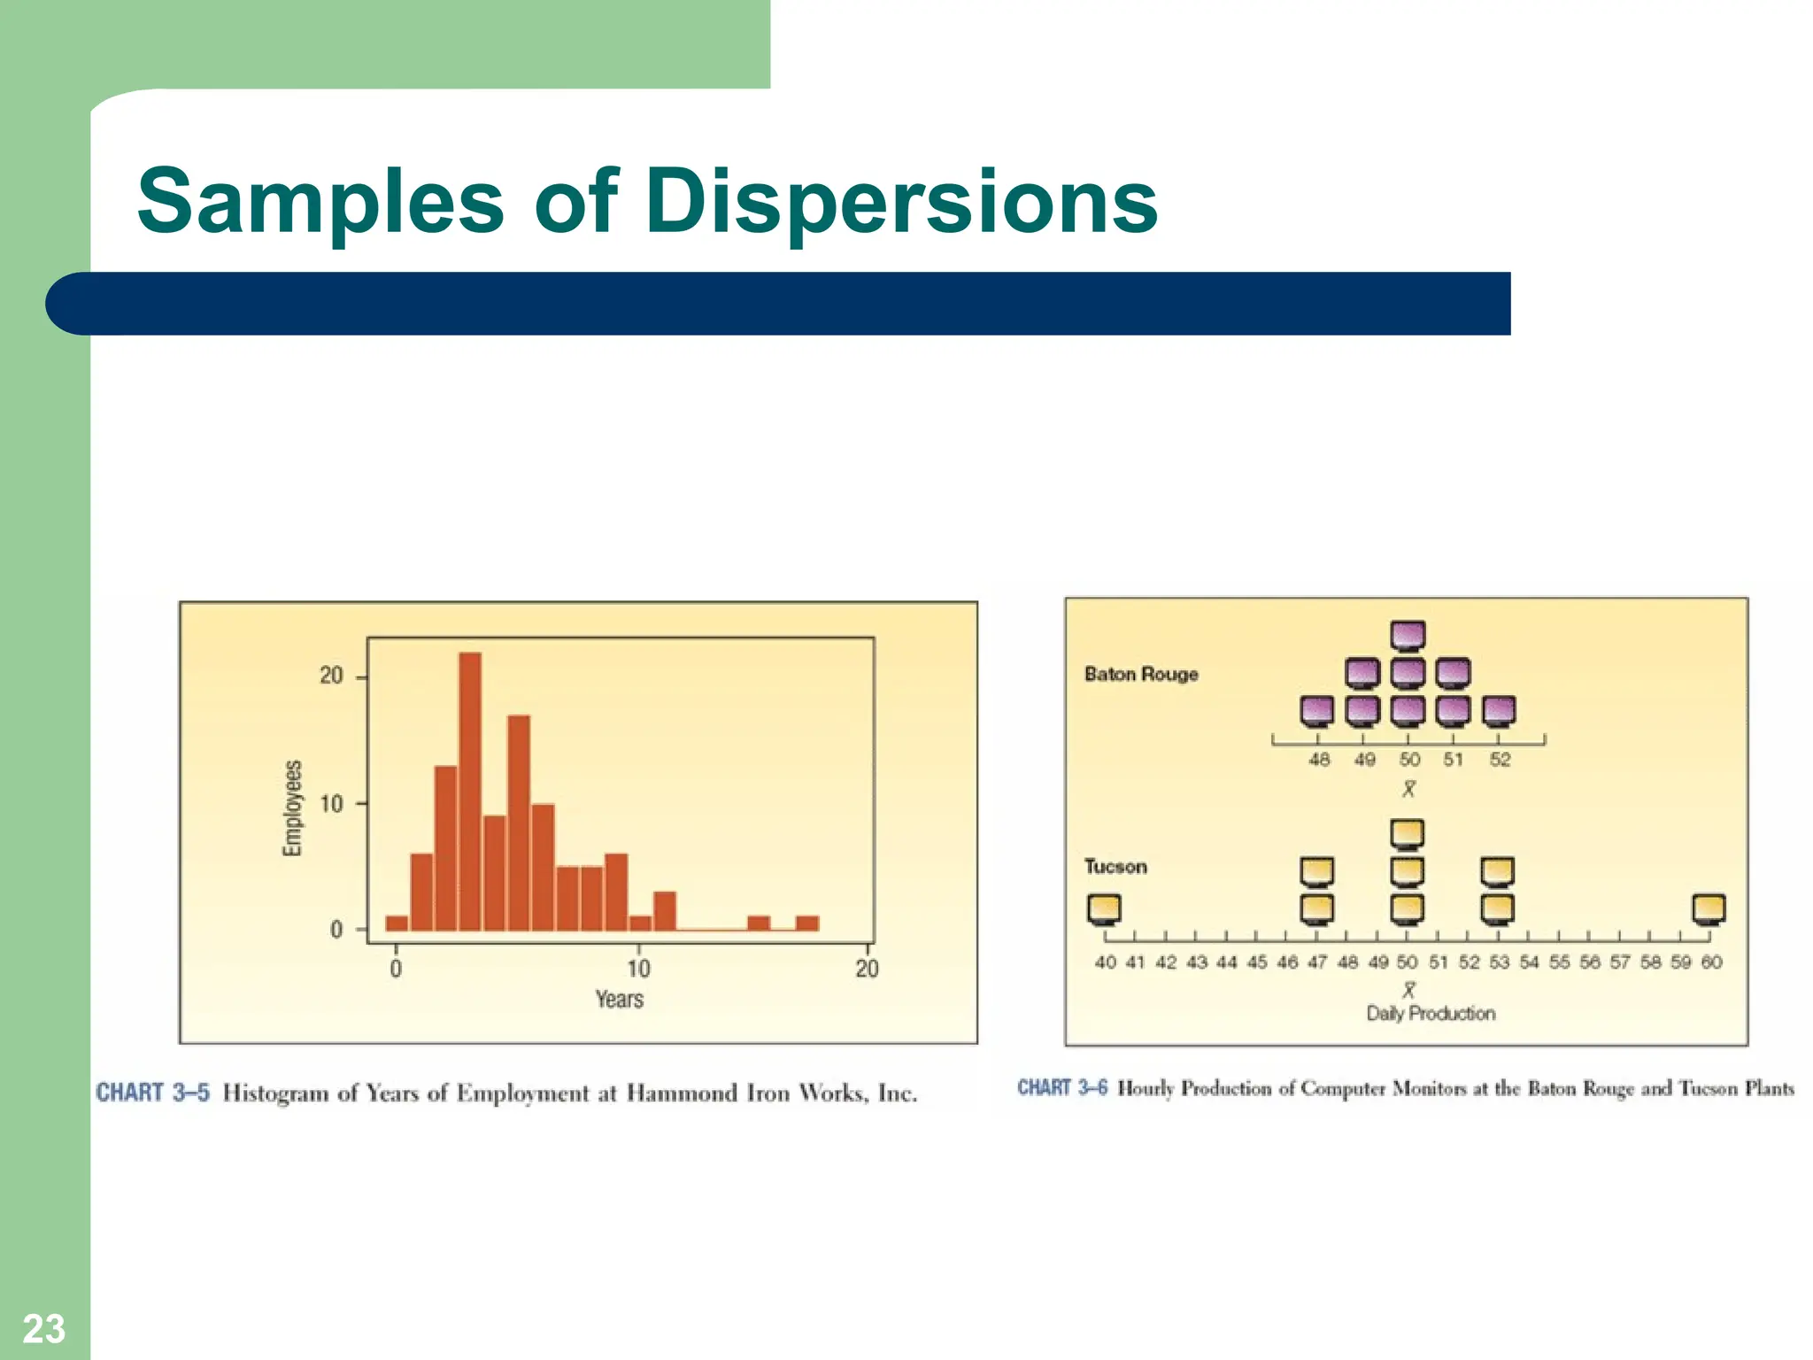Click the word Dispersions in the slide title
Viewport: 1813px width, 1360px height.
pyautogui.click(x=901, y=202)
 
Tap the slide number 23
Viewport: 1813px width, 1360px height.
pyautogui.click(x=43, y=1329)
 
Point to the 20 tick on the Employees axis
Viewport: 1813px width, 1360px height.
pyautogui.click(x=331, y=676)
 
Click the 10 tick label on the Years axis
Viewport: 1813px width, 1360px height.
pyautogui.click(x=638, y=969)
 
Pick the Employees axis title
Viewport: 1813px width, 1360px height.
pyautogui.click(x=292, y=807)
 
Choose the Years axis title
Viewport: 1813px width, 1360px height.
pyautogui.click(x=619, y=1000)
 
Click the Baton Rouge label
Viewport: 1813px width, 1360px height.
pyautogui.click(x=1141, y=674)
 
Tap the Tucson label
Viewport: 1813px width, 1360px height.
pyautogui.click(x=1115, y=866)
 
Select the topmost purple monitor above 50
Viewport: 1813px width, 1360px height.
pyautogui.click(x=1408, y=636)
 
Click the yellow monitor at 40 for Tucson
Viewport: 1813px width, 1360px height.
pyautogui.click(x=1104, y=909)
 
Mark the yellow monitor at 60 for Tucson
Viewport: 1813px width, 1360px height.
pyautogui.click(x=1709, y=909)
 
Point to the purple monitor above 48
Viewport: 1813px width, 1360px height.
pyautogui.click(x=1317, y=710)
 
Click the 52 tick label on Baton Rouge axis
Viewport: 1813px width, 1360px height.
pyautogui.click(x=1500, y=760)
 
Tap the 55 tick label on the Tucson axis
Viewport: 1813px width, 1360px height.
pyautogui.click(x=1560, y=962)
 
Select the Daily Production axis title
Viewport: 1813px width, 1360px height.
pyautogui.click(x=1431, y=1014)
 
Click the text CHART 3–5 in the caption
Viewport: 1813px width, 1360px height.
pyautogui.click(x=153, y=1093)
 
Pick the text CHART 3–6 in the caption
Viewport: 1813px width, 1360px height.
pyautogui.click(x=1062, y=1087)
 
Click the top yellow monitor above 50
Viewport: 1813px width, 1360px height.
pyautogui.click(x=1408, y=834)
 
